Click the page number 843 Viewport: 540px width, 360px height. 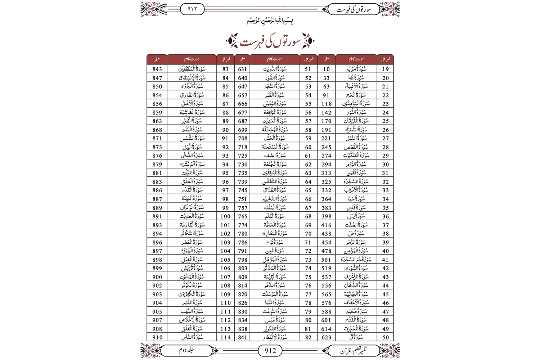pyautogui.click(x=157, y=69)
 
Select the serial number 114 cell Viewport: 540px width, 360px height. pyautogui.click(x=226, y=337)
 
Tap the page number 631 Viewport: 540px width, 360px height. pyautogui.click(x=243, y=69)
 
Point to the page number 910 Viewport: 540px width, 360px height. pyautogui.click(x=157, y=337)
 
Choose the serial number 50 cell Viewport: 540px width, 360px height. pyautogui.click(x=386, y=337)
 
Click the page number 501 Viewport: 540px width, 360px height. pyautogui.click(x=326, y=260)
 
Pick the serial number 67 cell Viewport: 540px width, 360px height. pyautogui.click(x=308, y=208)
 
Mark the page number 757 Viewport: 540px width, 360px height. pyautogui.click(x=243, y=208)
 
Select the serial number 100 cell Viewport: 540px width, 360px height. pyautogui.click(x=226, y=216)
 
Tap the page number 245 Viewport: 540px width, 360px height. pyautogui.click(x=326, y=147)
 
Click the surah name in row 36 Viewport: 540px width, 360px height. pyautogui.click(x=356, y=216)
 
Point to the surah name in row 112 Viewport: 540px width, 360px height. pyautogui.click(x=192, y=320)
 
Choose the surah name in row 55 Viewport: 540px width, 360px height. pyautogui.click(x=274, y=104)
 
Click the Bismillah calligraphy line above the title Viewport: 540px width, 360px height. pyautogui.click(x=270, y=21)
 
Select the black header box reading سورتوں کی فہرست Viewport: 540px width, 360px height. pyautogui.click(x=354, y=9)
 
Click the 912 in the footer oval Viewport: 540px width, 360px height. pyautogui.click(x=270, y=351)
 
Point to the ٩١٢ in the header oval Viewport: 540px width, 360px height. pyautogui.click(x=193, y=9)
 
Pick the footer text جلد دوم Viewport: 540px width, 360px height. pyautogui.click(x=186, y=350)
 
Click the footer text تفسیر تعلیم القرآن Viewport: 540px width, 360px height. pyautogui.click(x=354, y=350)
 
